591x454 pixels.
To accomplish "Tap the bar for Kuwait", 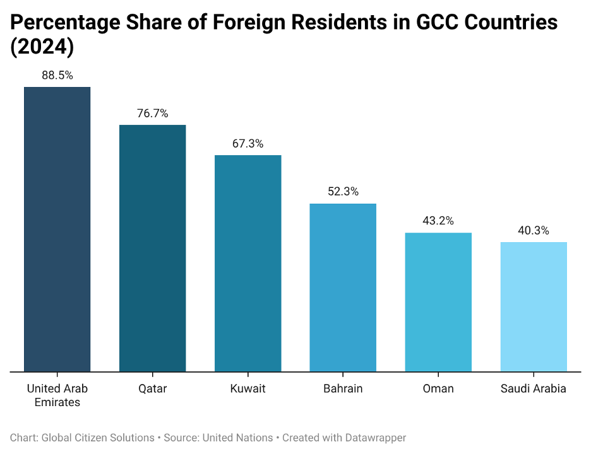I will (248, 263).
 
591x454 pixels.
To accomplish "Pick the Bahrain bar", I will (343, 288).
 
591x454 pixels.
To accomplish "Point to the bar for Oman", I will (438, 302).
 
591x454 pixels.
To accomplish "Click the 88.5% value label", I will (57, 75).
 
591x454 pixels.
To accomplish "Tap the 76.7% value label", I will (153, 113).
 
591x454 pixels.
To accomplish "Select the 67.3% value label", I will (248, 144).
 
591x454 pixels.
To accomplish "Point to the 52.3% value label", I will (343, 192).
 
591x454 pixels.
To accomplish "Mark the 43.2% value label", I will (438, 221).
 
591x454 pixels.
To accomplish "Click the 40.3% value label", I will (534, 231).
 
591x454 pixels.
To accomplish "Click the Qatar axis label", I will (153, 388).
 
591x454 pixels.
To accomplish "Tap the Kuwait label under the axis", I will (248, 388).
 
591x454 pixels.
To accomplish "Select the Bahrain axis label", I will (343, 388).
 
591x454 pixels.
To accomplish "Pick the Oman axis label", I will (438, 388).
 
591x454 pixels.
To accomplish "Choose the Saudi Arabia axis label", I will (534, 388).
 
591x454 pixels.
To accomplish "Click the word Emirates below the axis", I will (57, 402).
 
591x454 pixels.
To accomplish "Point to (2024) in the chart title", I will (42, 48).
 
